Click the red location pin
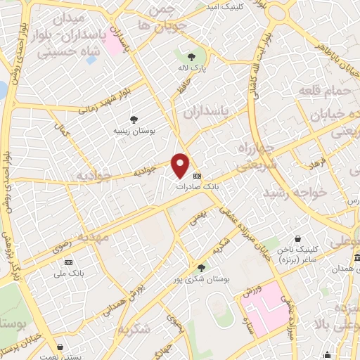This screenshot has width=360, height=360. [181, 165]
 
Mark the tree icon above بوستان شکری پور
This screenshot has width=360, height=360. [202, 268]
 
